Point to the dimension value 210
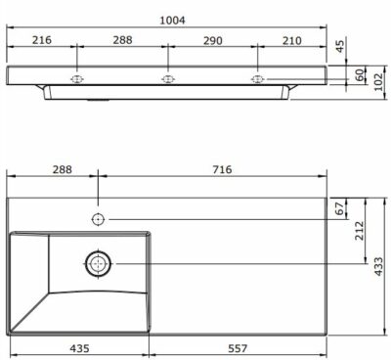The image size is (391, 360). coord(292,40)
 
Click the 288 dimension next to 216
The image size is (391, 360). coord(121,40)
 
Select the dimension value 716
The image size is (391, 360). coord(222,169)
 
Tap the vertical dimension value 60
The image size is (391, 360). coord(359,74)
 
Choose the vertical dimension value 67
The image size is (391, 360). coord(340,207)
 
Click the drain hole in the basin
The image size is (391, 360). coord(99,262)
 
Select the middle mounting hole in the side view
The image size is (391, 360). coord(166,79)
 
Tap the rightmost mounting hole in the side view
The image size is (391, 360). coord(258,79)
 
